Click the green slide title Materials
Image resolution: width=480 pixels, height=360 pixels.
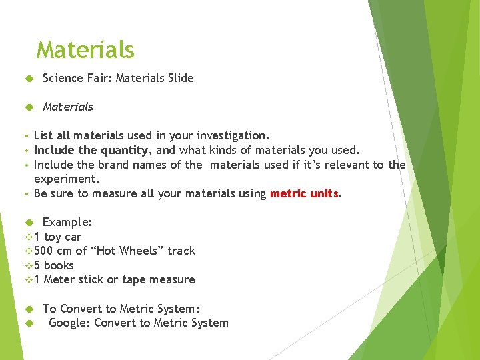85,50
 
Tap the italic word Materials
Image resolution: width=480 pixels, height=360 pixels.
68,107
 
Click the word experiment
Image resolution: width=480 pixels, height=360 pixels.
65,179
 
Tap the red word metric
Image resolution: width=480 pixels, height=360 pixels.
287,193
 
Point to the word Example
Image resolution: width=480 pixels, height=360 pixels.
66,222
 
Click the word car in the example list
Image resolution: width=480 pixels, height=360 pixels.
73,237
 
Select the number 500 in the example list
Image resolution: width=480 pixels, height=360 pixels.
45,251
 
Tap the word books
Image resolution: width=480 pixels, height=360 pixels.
59,265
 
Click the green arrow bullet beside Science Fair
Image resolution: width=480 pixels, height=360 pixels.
29,79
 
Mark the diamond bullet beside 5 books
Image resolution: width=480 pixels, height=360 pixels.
28,265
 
